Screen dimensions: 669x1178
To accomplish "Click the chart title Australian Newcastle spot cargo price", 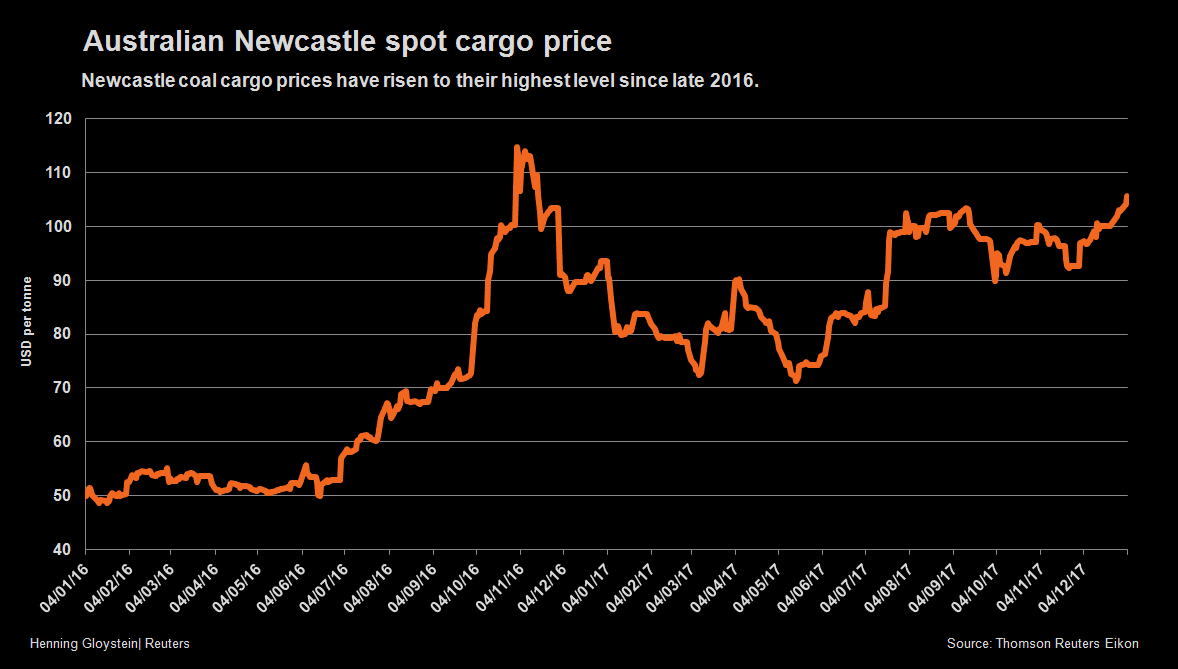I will click(x=347, y=42).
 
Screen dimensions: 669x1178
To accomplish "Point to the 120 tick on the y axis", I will click(x=61, y=119).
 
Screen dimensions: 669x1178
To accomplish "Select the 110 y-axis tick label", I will click(x=61, y=173).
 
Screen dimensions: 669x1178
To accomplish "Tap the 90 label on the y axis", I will click(x=64, y=281).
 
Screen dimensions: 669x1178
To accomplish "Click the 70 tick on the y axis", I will click(x=64, y=388).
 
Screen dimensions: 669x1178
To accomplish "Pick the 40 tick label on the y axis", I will click(x=64, y=550).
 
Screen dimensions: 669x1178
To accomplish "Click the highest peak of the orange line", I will click(x=517, y=148).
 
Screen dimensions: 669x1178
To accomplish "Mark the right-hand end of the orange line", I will click(x=1127, y=197).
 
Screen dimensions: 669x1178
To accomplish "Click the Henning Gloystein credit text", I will click(x=110, y=643).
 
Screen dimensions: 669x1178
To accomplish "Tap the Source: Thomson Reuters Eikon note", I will click(x=1042, y=643).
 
